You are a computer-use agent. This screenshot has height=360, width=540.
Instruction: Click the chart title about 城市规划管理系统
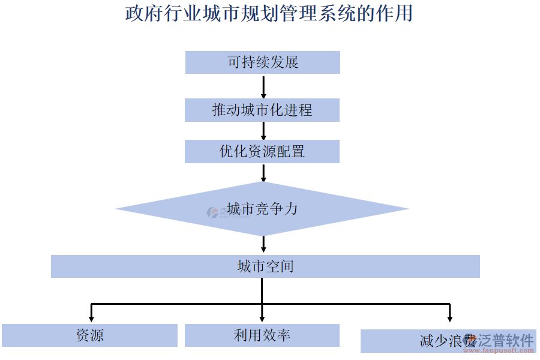click(x=269, y=13)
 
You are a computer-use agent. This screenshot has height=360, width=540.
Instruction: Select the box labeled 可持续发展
click(x=262, y=62)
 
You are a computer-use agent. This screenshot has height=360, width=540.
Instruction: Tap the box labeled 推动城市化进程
click(x=262, y=110)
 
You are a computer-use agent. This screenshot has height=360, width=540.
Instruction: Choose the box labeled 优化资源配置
click(x=262, y=151)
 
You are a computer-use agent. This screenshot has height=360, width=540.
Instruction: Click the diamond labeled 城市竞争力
click(x=262, y=209)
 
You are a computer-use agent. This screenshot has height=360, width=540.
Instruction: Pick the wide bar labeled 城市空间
click(x=265, y=266)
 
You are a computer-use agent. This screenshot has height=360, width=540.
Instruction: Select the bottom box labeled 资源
click(x=90, y=335)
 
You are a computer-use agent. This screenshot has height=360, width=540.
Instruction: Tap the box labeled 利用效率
click(x=262, y=335)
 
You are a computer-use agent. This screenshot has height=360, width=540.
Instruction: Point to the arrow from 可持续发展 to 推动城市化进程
click(x=263, y=86)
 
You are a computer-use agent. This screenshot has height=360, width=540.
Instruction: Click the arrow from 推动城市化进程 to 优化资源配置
click(x=263, y=131)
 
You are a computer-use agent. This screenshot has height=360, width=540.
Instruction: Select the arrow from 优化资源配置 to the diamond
click(x=263, y=173)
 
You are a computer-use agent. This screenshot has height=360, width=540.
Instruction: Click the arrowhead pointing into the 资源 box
click(x=91, y=317)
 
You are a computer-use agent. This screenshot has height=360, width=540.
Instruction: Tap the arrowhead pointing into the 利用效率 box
click(x=263, y=317)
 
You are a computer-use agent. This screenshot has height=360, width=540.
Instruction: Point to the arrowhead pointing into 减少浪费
click(x=449, y=318)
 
